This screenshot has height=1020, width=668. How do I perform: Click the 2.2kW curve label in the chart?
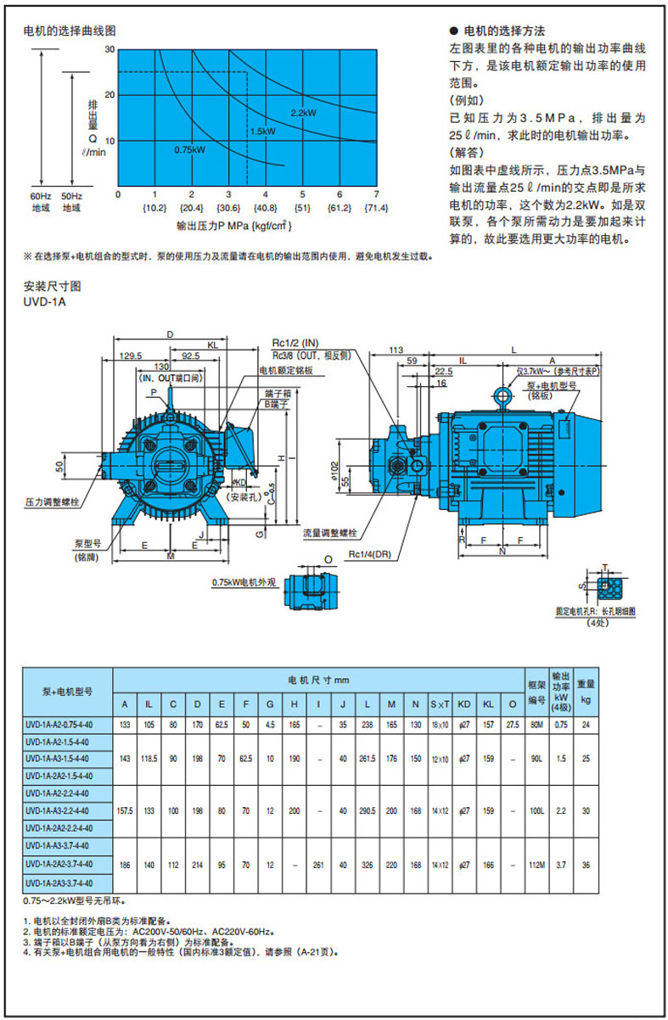click(303, 113)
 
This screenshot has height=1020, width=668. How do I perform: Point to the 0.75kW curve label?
click(189, 149)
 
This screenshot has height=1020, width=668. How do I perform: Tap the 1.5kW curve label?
click(262, 132)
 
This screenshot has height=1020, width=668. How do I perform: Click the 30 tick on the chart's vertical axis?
click(109, 51)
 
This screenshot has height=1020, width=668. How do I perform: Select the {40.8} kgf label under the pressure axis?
click(265, 208)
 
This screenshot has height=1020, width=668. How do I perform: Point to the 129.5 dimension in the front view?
click(131, 356)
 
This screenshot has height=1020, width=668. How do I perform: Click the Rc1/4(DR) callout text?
click(368, 555)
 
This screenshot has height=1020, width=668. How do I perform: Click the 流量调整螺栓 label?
click(329, 534)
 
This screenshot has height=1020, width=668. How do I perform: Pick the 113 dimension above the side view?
click(395, 349)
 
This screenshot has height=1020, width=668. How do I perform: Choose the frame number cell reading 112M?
click(536, 864)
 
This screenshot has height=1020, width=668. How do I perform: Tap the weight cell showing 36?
click(587, 864)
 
